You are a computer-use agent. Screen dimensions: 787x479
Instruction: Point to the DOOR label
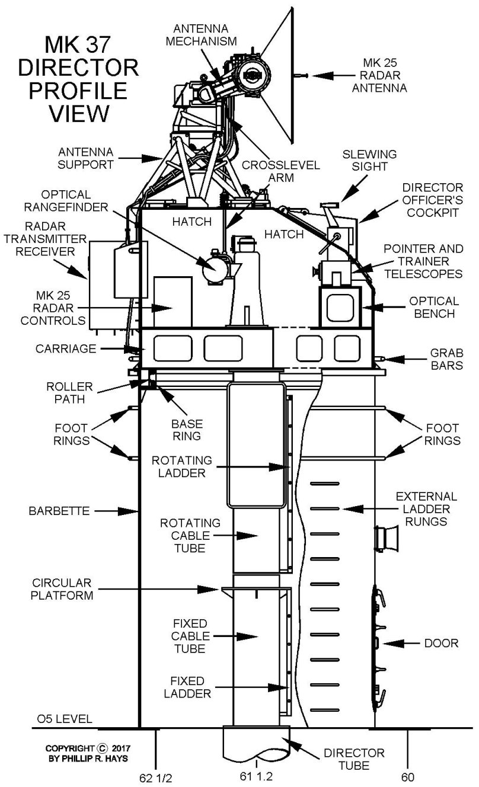coord(441,643)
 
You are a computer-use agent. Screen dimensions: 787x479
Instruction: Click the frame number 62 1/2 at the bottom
coord(155,776)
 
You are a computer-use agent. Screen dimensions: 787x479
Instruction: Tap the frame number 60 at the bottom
coord(408,776)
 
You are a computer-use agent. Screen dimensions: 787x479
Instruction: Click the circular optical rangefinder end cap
coord(214,270)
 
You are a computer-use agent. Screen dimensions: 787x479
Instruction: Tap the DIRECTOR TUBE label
coord(353,759)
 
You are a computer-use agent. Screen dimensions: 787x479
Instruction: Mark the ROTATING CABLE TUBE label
coord(191,535)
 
